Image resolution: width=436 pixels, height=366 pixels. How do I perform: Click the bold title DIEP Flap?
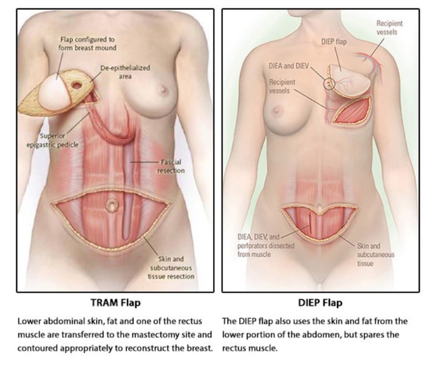pos(320,303)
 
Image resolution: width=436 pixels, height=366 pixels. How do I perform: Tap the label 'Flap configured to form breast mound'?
pos(88,43)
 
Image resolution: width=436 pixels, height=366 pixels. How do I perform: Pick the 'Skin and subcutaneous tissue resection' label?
pos(171,268)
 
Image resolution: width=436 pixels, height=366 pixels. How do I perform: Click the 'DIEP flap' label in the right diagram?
pos(335,42)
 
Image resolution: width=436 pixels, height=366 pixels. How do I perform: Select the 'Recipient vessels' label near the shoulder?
pos(389,27)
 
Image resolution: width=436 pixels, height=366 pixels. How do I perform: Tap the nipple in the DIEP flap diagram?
pos(276,110)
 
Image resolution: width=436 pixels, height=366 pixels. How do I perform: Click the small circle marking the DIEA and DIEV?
pos(329,83)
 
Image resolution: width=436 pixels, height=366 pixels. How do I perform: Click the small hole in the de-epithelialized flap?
pos(76,86)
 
